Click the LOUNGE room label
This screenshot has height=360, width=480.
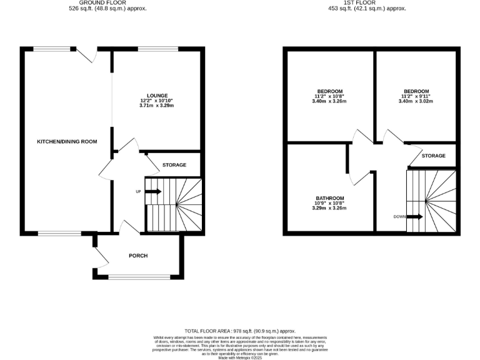click(x=157, y=96)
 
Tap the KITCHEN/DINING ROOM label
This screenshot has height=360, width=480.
click(x=67, y=142)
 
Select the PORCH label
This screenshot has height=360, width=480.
click(x=137, y=256)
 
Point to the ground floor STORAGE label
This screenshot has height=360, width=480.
click(x=174, y=165)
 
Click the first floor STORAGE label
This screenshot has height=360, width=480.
click(x=433, y=156)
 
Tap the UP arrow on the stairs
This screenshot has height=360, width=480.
click(x=153, y=191)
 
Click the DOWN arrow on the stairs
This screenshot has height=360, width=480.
click(x=415, y=217)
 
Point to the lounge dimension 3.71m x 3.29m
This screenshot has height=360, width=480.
click(x=157, y=106)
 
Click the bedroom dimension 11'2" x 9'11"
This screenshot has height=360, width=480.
click(x=416, y=96)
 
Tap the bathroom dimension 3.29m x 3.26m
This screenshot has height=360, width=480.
click(x=329, y=208)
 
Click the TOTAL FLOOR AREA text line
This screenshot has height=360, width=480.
click(x=239, y=331)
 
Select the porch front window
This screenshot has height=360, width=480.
click(x=139, y=277)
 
